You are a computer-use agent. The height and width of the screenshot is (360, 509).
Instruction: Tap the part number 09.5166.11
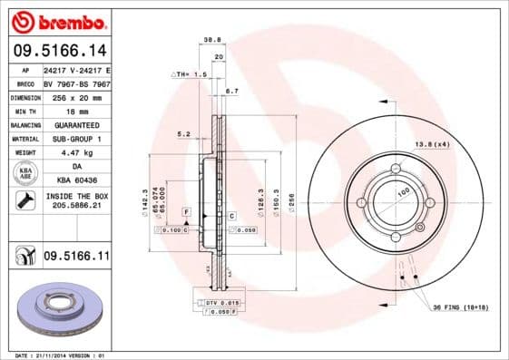pos(76,257)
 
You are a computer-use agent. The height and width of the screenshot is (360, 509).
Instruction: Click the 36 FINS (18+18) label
pos(460,307)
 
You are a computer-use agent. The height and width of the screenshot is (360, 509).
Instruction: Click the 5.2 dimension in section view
pos(183,134)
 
